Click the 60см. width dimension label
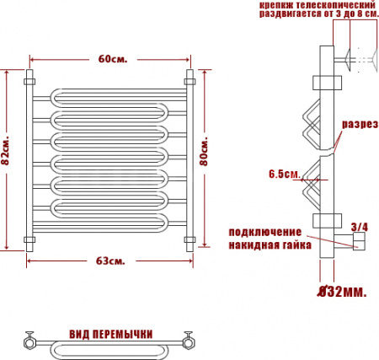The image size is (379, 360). pyautogui.click(x=113, y=59)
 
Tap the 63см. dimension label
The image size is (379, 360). pyautogui.click(x=110, y=261)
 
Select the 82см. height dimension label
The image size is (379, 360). pyautogui.click(x=5, y=151)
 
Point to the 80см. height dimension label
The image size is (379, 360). pyautogui.click(x=204, y=151)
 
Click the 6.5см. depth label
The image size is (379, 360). pyautogui.click(x=285, y=174)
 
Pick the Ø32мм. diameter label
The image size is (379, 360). pyautogui.click(x=342, y=293)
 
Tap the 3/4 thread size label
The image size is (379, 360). pyautogui.click(x=360, y=227)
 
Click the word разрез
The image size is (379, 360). pyautogui.click(x=360, y=124)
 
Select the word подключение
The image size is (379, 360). pyautogui.click(x=265, y=233)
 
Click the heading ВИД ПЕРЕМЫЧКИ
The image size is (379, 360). pyautogui.click(x=111, y=334)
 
